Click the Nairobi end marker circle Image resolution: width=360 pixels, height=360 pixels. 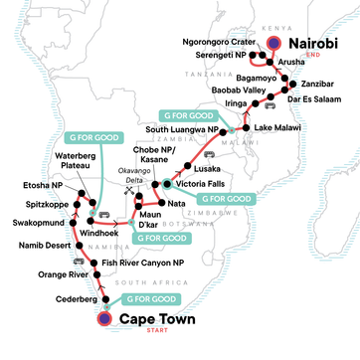pyautogui.click(x=273, y=43)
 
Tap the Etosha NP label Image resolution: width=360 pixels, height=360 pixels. pyautogui.click(x=43, y=185)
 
